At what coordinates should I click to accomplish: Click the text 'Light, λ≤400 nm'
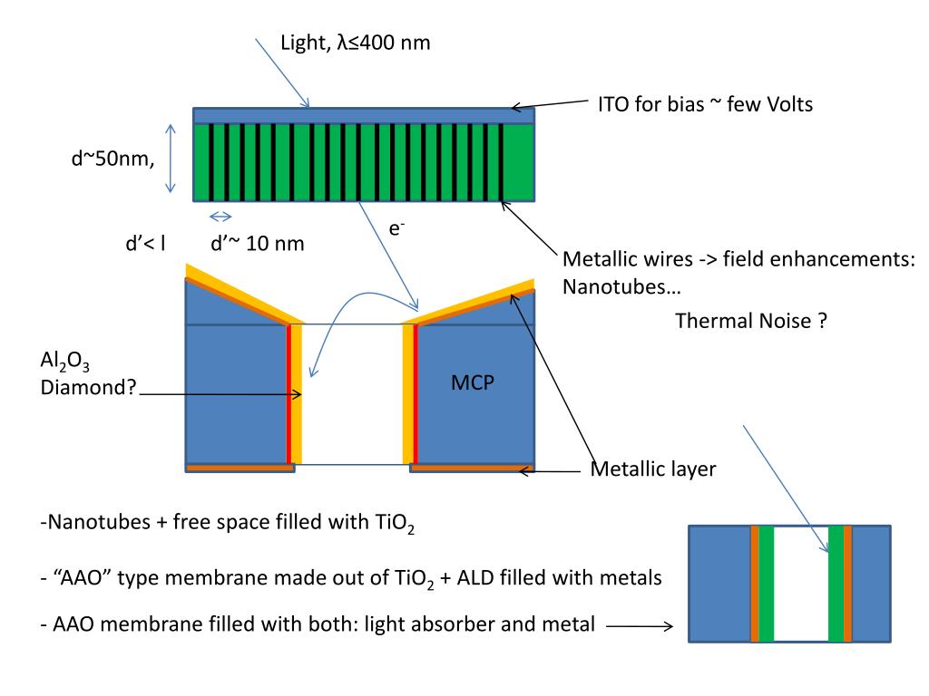(357, 42)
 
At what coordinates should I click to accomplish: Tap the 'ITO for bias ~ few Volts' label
(705, 104)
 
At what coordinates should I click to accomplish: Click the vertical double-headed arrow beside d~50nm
(170, 161)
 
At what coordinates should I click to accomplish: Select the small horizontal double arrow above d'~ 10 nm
(221, 216)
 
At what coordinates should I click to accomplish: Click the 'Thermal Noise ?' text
(751, 321)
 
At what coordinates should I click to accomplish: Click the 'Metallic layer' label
(653, 469)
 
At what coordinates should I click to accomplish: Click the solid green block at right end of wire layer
(518, 161)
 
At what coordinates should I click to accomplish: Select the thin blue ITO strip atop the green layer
(363, 114)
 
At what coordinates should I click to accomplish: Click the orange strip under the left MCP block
(240, 469)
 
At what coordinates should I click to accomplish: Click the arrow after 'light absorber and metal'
(639, 625)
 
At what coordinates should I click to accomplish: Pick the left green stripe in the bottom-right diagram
(767, 585)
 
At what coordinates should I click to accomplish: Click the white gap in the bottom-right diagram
(801, 585)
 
